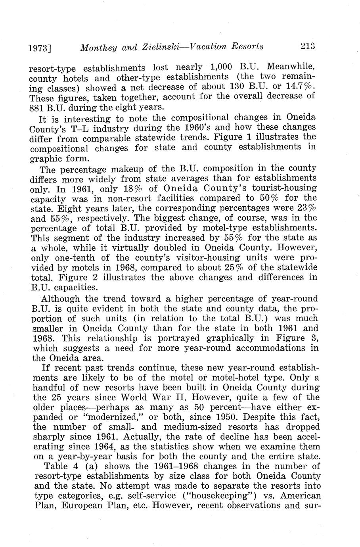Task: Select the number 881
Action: tap(38, 107)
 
